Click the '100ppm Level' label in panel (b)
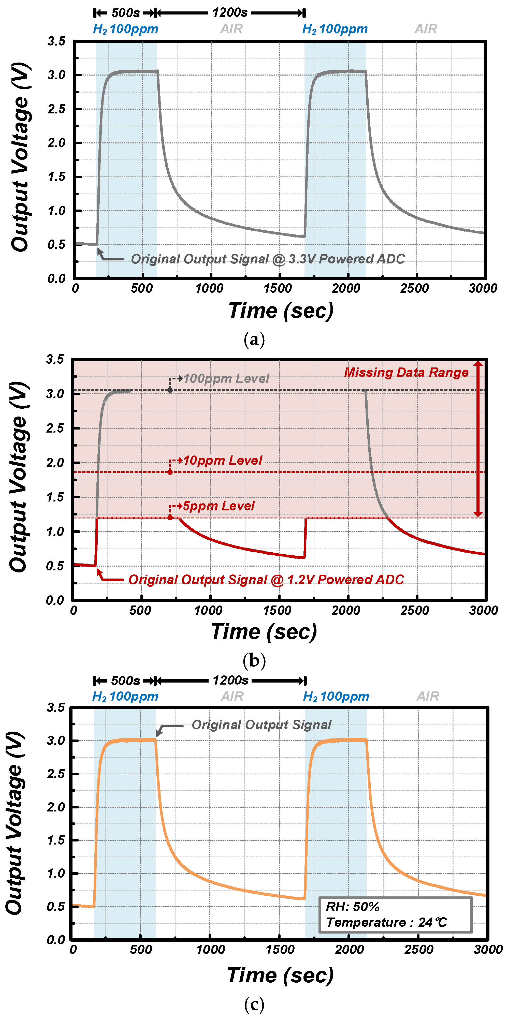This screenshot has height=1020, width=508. (226, 379)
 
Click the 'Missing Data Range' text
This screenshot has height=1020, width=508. (406, 372)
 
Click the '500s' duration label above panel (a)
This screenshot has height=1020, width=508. (125, 13)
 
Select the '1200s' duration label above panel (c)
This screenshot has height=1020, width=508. (230, 681)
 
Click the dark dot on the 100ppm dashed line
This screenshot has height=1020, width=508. (170, 390)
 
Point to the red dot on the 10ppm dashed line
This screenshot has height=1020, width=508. (170, 472)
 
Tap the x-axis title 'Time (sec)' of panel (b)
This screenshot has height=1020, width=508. (264, 632)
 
